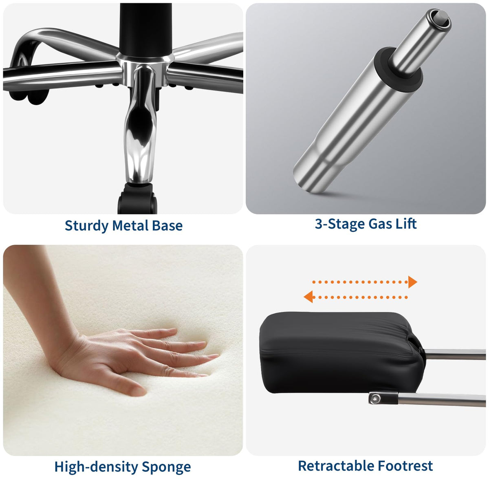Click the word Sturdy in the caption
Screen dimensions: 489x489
click(x=86, y=226)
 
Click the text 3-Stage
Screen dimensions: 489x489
click(x=340, y=224)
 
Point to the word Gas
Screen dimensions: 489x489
click(x=380, y=224)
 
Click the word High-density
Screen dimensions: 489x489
click(x=96, y=467)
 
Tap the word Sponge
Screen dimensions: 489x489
click(x=166, y=467)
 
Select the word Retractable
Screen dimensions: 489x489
click(x=336, y=465)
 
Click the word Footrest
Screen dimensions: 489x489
click(x=405, y=465)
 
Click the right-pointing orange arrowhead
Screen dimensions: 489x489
click(x=412, y=282)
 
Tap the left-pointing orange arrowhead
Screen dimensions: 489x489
click(x=308, y=297)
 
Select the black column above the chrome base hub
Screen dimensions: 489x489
click(x=145, y=30)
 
